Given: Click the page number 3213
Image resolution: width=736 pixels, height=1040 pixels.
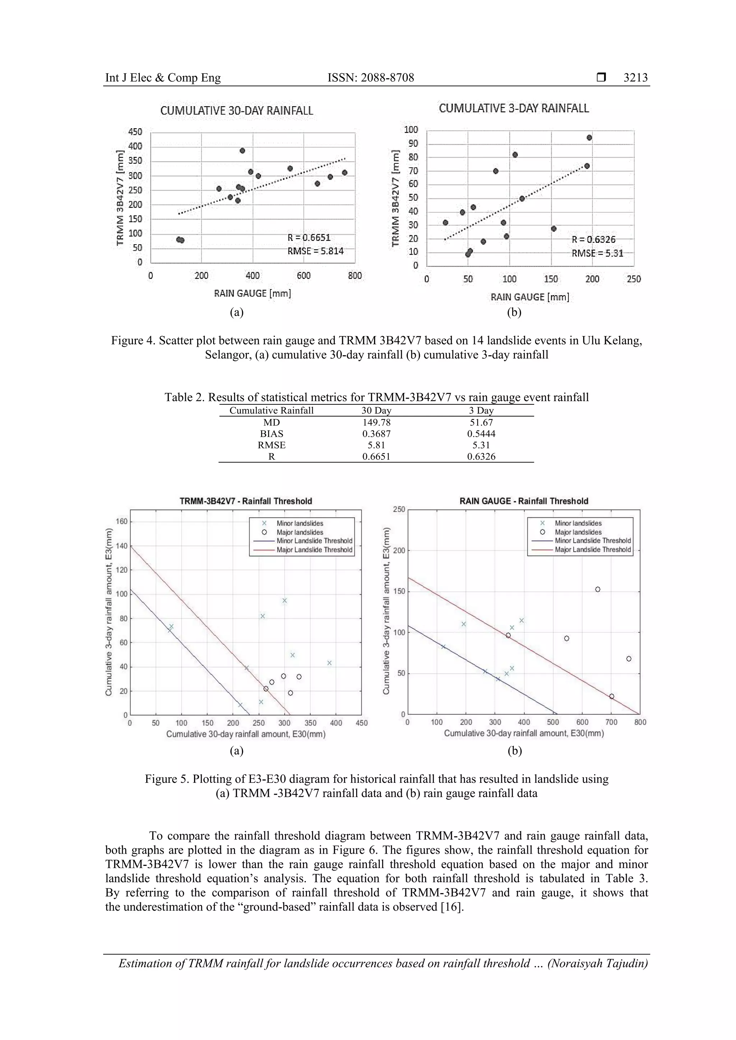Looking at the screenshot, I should [635, 78].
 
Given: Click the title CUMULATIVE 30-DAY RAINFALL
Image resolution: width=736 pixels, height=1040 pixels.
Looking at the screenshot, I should [236, 111].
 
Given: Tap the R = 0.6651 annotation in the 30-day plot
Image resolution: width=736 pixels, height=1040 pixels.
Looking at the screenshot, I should [309, 238].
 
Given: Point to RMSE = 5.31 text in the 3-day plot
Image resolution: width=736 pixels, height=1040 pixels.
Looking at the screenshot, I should [597, 253].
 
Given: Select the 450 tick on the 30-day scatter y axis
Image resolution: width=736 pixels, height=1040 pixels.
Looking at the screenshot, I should [135, 132].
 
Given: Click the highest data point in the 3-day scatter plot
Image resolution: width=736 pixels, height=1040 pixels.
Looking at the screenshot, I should [589, 138].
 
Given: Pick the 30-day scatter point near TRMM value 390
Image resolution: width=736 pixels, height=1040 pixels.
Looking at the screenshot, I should [243, 151].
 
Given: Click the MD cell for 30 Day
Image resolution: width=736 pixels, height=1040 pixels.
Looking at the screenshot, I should [376, 423].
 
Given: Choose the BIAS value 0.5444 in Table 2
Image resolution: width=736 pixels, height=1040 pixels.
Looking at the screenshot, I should [481, 434].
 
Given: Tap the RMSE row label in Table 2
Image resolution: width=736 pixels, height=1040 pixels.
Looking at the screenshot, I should [271, 445].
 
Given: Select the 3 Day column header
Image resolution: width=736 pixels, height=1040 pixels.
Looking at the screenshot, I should [481, 411].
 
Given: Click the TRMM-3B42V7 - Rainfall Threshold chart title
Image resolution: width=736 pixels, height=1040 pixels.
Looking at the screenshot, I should [246, 501].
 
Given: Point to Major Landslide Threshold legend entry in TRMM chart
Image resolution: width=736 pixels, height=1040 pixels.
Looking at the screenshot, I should [314, 550].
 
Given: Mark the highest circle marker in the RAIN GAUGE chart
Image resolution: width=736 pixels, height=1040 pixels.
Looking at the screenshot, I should [598, 589].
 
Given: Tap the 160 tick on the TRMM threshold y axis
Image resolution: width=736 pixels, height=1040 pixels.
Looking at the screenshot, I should [121, 521].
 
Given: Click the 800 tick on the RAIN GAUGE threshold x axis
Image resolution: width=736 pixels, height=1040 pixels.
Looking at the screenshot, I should [640, 722].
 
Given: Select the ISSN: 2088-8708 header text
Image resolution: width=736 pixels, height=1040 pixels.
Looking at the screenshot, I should [371, 78].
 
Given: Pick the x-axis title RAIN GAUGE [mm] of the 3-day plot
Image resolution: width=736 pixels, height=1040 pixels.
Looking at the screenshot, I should [530, 297].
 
